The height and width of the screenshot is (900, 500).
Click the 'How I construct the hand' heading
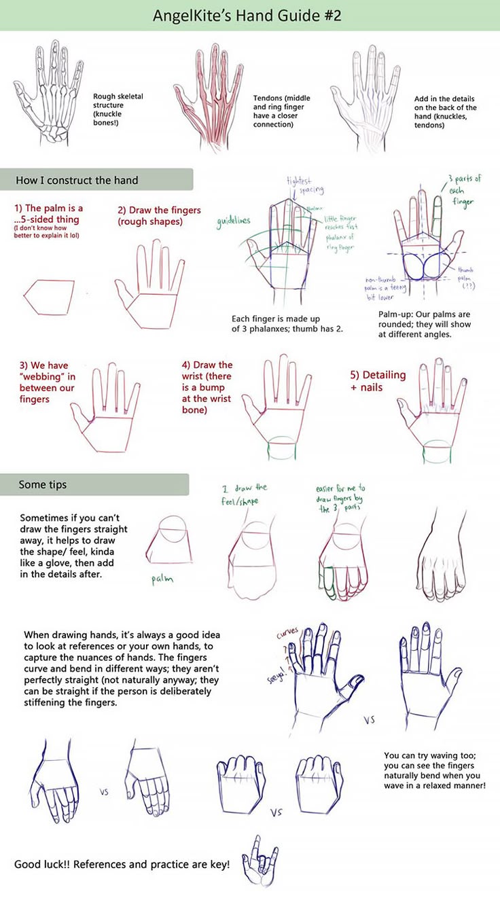pos(77,180)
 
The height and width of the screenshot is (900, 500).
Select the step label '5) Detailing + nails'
pos(378,380)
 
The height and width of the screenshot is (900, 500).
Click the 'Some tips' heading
pos(42,484)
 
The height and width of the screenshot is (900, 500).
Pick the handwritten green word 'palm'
pos(162,579)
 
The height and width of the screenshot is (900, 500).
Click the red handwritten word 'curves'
pos(287,634)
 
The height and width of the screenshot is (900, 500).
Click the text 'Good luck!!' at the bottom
pos(42,865)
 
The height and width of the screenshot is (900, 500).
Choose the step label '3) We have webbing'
pos(48,382)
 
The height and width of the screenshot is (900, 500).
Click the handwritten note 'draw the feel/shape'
pos(245,493)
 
